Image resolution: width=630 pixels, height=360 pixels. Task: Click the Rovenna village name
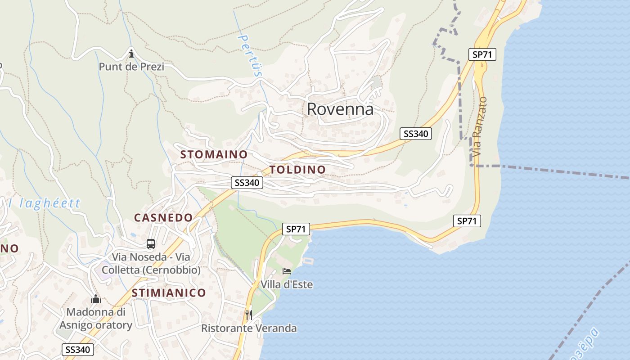[340, 109]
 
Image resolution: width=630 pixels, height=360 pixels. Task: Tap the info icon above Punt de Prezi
[131, 54]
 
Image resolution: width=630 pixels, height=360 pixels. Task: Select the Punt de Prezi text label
[131, 67]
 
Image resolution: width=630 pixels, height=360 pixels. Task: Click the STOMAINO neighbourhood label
[214, 154]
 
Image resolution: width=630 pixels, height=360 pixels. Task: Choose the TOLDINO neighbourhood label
[297, 170]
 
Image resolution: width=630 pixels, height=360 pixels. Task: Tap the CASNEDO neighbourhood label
[163, 218]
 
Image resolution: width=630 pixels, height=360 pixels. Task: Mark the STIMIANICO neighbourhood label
[169, 293]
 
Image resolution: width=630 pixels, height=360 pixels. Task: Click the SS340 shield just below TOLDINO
[247, 183]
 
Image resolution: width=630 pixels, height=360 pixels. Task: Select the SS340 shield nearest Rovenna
[416, 134]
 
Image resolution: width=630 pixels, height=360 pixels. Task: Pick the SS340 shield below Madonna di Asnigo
[78, 350]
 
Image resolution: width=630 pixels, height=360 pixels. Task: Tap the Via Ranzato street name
[480, 126]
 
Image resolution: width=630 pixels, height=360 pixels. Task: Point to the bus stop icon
[151, 244]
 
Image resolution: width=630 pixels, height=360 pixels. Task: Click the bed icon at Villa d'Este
[287, 271]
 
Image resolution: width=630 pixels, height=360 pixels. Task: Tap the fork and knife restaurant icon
[249, 315]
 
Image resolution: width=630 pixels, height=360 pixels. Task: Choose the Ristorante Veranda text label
[249, 328]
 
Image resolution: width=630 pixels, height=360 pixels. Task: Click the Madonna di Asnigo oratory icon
[96, 299]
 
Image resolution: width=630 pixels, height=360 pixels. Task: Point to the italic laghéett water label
[45, 203]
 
